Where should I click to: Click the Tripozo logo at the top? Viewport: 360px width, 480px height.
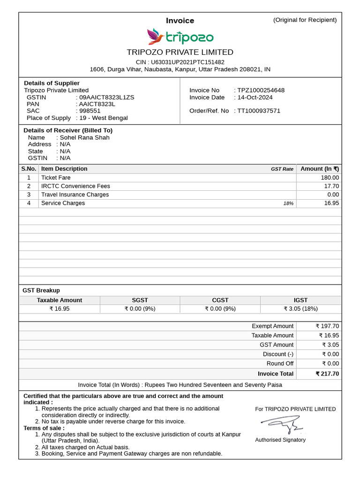180,37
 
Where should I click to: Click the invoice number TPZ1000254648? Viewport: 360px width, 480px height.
261,90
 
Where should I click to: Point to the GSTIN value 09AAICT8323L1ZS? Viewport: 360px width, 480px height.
106,97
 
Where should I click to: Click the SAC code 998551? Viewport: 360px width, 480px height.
90,111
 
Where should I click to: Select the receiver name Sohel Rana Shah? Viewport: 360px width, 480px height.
85,137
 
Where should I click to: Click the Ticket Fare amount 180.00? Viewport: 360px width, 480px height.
329,178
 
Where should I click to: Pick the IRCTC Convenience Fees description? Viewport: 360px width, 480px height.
75,186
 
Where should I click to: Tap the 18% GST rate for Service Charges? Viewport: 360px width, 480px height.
288,203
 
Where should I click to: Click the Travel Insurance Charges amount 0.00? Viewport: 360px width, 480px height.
333,195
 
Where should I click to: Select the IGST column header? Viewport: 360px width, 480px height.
300,300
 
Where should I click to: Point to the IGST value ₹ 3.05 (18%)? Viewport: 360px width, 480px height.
300,308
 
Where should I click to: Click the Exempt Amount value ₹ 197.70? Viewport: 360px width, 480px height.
327,326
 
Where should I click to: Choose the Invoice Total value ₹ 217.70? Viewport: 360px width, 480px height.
327,374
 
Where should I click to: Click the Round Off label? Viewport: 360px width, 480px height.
280,364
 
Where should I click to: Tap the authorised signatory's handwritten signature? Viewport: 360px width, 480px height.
282,424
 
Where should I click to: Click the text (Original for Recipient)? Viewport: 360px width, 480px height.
305,20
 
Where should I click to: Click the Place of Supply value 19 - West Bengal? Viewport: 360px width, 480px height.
104,118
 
